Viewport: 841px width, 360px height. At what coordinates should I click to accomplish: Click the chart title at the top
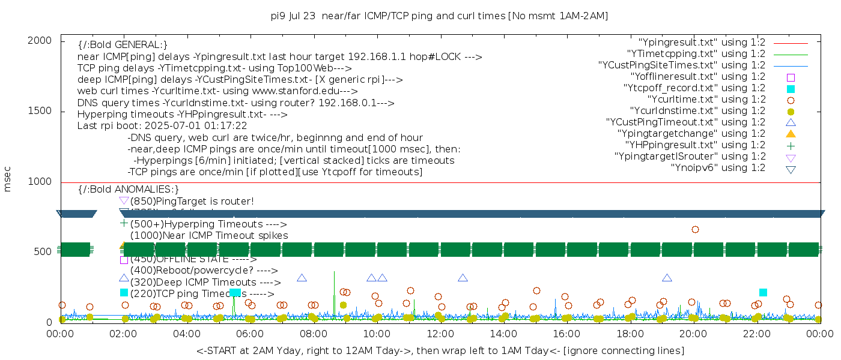pos(439,16)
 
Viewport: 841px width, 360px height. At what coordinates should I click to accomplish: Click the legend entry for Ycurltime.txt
pos(706,99)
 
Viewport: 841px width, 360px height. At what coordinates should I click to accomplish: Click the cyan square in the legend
pos(791,88)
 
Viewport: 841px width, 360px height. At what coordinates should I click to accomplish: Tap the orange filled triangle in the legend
pos(791,133)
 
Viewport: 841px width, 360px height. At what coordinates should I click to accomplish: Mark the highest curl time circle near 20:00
pos(695,229)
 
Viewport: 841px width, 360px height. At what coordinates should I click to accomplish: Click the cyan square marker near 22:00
pos(763,292)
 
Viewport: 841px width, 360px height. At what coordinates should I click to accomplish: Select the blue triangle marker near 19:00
pos(667,278)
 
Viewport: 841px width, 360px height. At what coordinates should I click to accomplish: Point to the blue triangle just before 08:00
pos(302,278)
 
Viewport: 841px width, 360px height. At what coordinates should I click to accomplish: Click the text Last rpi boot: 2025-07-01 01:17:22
pos(162,126)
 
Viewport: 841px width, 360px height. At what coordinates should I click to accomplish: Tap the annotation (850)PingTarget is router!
pos(192,201)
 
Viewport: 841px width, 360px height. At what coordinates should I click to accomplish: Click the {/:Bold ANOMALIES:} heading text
pos(129,190)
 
